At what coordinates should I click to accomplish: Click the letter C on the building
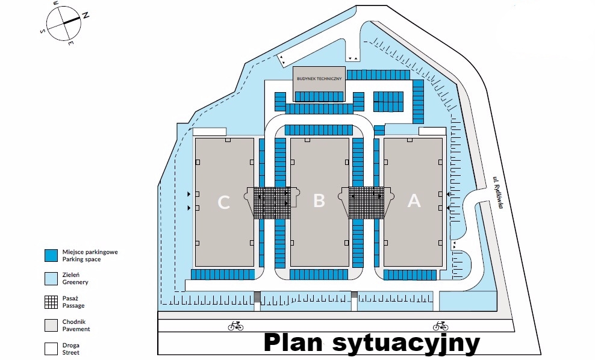[x=223, y=202]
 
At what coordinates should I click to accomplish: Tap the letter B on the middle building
[x=319, y=200]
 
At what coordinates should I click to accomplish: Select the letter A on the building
[x=414, y=201]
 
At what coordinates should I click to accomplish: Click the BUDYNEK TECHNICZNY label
[x=319, y=78]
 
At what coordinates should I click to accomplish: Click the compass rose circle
[x=63, y=23]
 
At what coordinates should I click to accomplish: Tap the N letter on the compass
[x=85, y=16]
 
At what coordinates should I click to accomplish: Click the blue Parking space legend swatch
[x=51, y=255]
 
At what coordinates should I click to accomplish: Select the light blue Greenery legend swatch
[x=51, y=278]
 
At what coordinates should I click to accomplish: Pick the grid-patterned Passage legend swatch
[x=51, y=302]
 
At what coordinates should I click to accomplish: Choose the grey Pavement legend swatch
[x=51, y=325]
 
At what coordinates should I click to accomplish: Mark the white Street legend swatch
[x=51, y=349]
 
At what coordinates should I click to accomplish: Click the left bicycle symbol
[x=235, y=326]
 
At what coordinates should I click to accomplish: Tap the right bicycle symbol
[x=440, y=326]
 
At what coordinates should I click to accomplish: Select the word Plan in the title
[x=294, y=343]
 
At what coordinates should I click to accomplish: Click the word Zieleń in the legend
[x=72, y=275]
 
